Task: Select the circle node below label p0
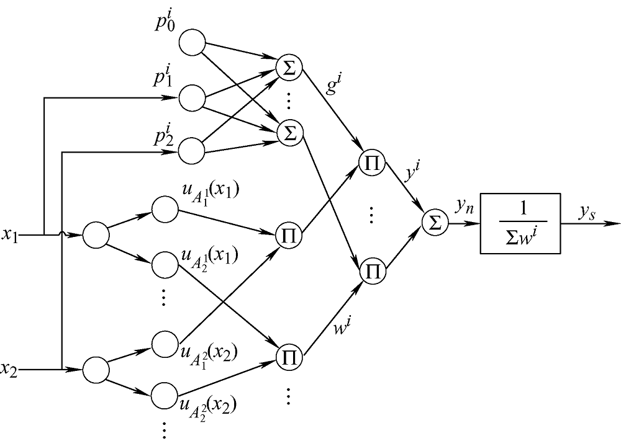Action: [192, 43]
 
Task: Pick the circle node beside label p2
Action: [192, 151]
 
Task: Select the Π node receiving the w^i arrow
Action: [372, 271]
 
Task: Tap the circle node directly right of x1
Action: [96, 236]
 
